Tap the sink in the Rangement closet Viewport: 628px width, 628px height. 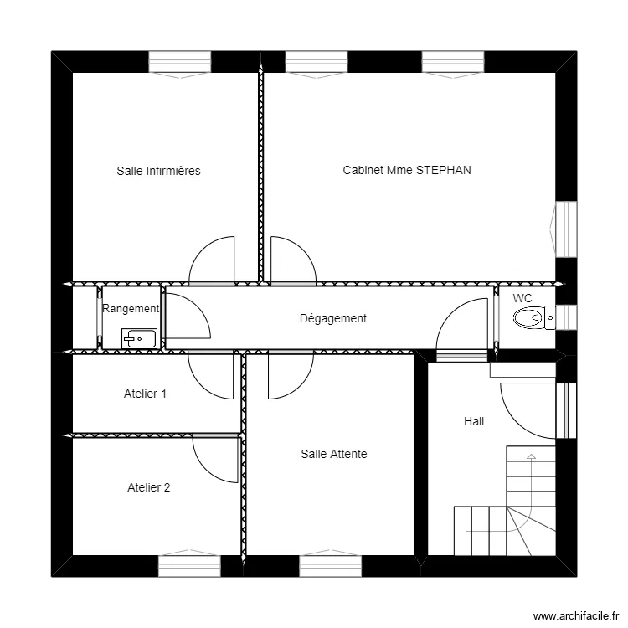[139, 338]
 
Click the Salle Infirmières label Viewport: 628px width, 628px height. [158, 171]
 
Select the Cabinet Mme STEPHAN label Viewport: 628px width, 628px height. [407, 170]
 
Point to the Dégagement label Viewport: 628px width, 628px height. [333, 318]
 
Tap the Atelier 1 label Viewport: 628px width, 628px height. [145, 394]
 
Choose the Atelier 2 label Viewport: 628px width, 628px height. [148, 487]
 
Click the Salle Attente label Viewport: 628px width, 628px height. [334, 454]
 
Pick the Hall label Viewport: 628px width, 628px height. [474, 421]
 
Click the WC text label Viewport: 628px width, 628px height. [522, 298]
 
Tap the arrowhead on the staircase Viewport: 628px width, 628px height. [531, 456]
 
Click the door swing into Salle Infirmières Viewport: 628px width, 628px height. [203, 250]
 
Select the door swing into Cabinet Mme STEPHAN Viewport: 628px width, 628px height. [304, 250]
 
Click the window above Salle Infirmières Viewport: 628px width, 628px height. [180, 62]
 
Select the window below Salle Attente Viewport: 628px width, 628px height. [331, 565]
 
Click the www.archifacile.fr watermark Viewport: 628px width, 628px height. [576, 615]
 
